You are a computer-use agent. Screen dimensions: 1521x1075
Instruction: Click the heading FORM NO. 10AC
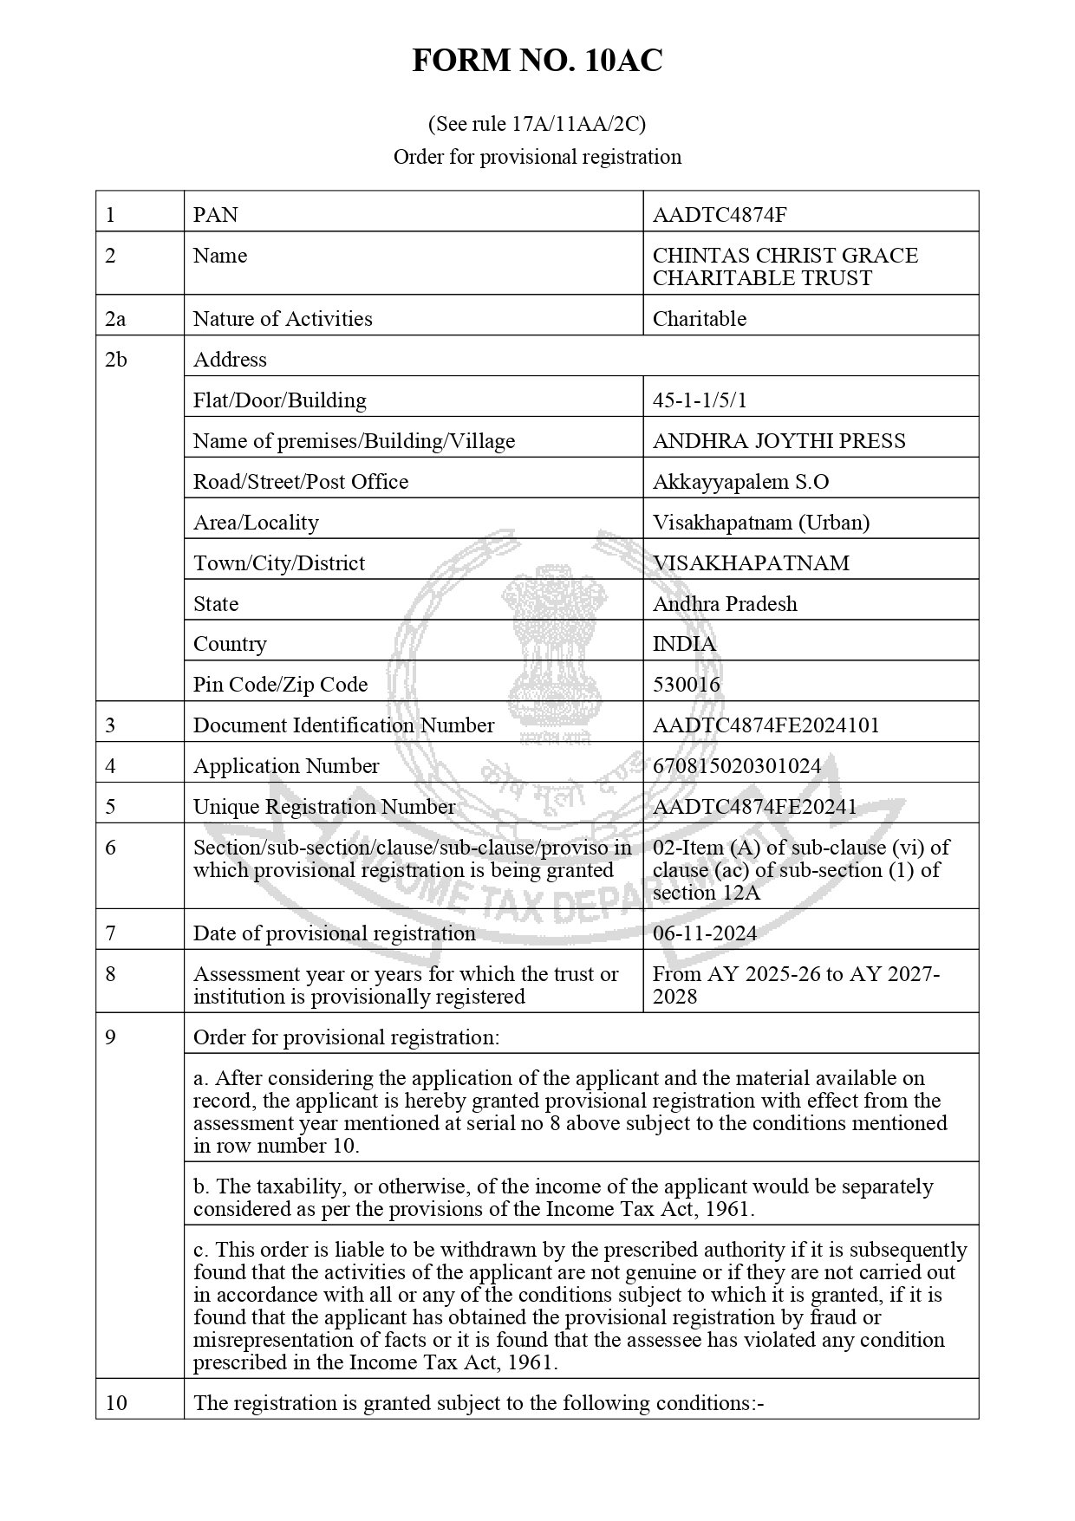pos(537,61)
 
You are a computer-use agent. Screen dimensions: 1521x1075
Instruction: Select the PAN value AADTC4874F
pos(720,215)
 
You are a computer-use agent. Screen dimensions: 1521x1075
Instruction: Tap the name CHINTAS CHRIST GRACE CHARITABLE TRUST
pos(785,267)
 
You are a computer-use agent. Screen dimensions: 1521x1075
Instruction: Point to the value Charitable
pos(699,319)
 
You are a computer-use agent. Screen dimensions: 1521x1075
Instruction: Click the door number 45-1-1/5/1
pos(699,400)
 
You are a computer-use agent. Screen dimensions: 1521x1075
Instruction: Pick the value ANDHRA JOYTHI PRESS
pos(779,441)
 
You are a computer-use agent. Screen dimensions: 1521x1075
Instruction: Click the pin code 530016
pos(686,685)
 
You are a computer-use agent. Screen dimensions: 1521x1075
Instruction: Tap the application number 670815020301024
pos(736,766)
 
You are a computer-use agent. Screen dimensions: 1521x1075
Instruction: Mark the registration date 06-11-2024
pos(704,933)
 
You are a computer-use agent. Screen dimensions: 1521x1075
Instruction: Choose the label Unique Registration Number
pos(323,807)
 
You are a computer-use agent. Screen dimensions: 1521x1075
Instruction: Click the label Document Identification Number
pos(343,725)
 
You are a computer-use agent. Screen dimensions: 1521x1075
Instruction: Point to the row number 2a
pos(115,319)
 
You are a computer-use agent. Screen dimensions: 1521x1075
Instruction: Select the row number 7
pos(110,933)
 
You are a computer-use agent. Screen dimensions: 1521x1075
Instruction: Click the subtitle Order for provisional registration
pos(537,157)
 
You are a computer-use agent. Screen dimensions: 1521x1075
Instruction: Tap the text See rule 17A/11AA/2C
pos(537,125)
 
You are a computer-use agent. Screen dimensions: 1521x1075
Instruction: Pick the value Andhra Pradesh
pos(725,604)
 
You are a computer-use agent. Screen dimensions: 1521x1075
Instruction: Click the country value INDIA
pos(684,644)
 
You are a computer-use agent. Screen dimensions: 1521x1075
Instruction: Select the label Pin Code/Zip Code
pos(280,685)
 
